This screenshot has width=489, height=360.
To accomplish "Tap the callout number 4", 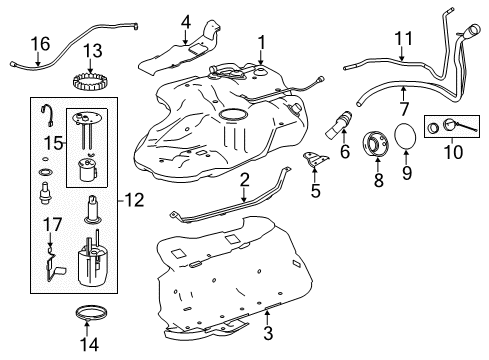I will click(186, 21).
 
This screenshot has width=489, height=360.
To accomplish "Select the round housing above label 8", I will click(378, 141).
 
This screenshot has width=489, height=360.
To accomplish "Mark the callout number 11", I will click(402, 41).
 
